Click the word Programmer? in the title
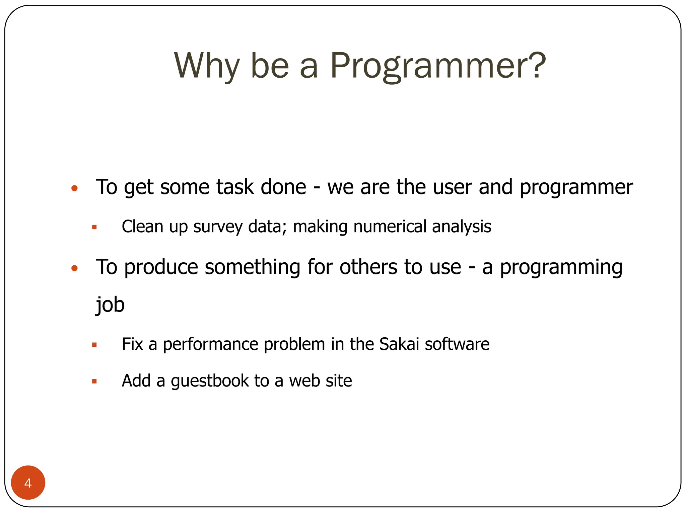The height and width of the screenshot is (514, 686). pyautogui.click(x=438, y=66)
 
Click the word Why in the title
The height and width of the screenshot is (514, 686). pyautogui.click(x=207, y=66)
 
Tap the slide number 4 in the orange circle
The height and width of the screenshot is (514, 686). pyautogui.click(x=28, y=483)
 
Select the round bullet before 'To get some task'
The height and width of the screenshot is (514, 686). pyautogui.click(x=75, y=188)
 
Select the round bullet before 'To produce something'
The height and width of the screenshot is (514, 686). pyautogui.click(x=75, y=268)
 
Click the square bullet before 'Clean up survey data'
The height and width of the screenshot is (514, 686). pyautogui.click(x=94, y=227)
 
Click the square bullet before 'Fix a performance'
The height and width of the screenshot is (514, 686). pyautogui.click(x=94, y=345)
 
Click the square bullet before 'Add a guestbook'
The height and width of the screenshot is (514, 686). pyautogui.click(x=94, y=381)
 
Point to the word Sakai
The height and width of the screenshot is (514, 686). pyautogui.click(x=399, y=344)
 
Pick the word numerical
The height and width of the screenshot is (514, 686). pyautogui.click(x=390, y=227)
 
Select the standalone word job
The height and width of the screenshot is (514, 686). pyautogui.click(x=110, y=305)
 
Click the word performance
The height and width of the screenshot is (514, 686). pyautogui.click(x=210, y=345)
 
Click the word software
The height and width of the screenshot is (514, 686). pyautogui.click(x=457, y=344)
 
